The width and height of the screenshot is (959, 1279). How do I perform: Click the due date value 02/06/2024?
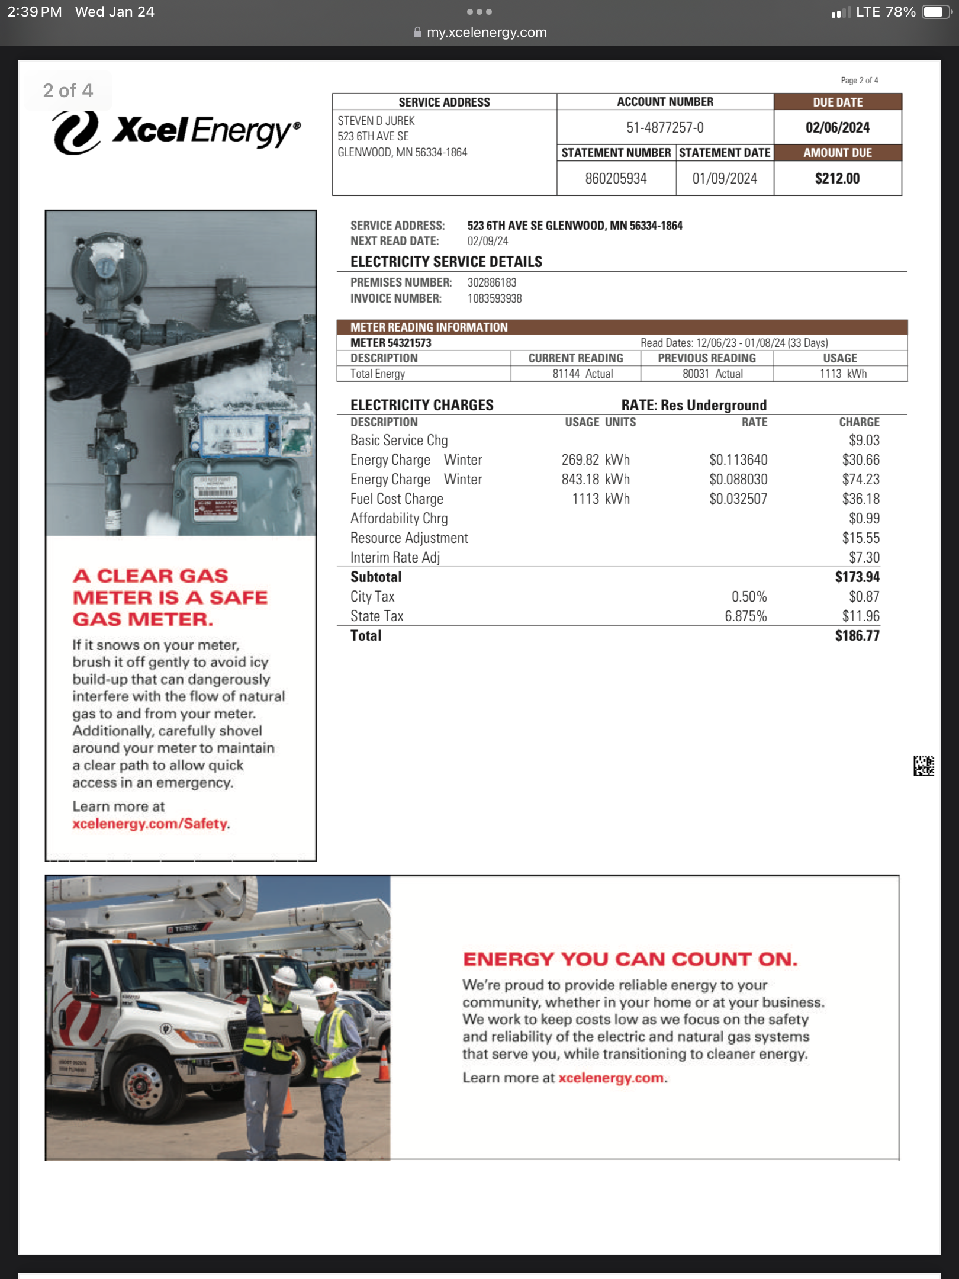837,127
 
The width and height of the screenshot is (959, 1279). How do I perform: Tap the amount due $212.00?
837,178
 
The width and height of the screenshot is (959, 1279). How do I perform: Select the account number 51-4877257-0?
665,127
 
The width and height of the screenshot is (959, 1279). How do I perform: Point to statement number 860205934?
616,178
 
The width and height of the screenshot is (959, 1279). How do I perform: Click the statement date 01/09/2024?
725,178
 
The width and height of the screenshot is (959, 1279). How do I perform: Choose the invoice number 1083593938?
494,298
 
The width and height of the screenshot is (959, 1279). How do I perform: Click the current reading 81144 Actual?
583,374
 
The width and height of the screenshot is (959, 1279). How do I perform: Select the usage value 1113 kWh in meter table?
843,374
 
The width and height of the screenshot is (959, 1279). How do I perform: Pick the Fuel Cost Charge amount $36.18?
861,499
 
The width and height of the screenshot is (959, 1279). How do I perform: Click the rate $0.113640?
738,459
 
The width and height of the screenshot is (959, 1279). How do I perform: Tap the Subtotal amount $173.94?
857,577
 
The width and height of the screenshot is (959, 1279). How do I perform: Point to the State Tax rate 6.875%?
745,616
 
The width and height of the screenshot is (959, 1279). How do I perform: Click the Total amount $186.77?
857,635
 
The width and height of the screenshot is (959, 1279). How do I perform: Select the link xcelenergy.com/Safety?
150,824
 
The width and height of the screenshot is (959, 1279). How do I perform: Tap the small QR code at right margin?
923,766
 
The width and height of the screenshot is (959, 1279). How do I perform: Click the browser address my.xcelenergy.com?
487,32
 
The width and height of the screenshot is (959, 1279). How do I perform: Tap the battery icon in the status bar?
936,12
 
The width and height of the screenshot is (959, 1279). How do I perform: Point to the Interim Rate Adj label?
395,557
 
